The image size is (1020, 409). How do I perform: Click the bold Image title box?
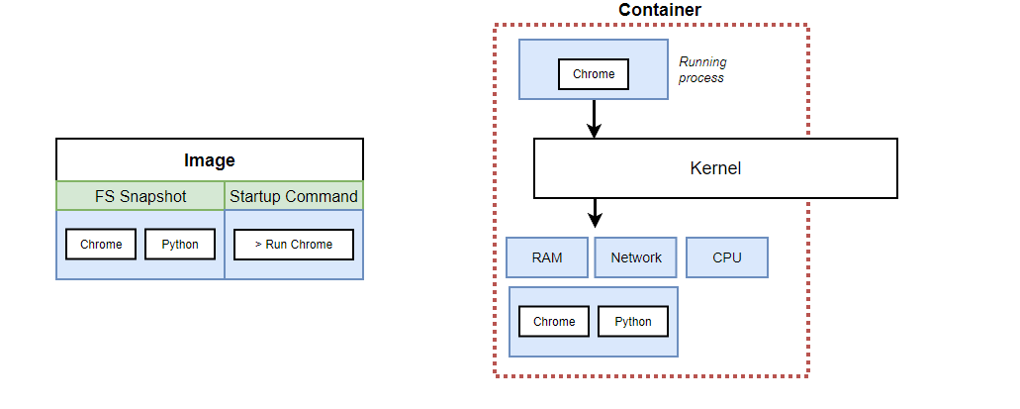point(210,159)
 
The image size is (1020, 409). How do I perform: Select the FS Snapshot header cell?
point(140,196)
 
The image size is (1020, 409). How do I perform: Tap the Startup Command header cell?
point(294,196)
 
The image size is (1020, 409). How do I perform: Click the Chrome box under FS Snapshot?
point(101,245)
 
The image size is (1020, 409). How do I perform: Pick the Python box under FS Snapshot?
point(180,245)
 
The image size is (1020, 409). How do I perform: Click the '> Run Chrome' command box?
point(294,245)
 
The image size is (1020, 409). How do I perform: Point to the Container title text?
point(660,10)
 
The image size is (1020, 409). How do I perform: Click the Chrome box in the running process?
point(594,74)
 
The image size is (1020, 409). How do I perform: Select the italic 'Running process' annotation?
point(702,69)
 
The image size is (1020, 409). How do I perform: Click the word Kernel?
point(715,168)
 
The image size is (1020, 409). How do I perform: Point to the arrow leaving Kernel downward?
point(594,212)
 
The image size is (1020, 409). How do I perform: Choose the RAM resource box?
point(547,257)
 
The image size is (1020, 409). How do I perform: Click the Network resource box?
point(636,257)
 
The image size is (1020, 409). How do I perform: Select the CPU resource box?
point(727,257)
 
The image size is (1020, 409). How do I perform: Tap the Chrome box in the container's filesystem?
point(554,321)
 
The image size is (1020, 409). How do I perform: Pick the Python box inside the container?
point(633,321)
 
